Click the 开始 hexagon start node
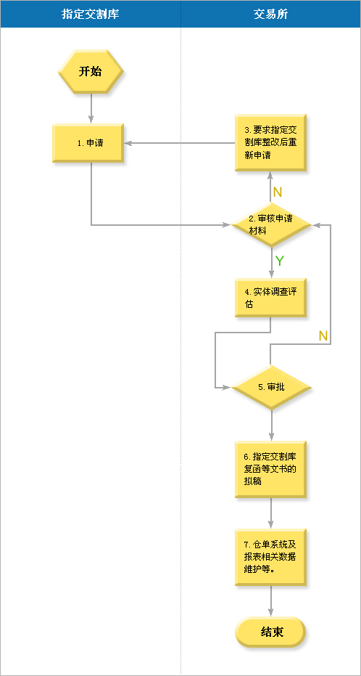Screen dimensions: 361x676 click(91, 72)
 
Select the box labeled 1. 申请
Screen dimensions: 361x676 click(88, 144)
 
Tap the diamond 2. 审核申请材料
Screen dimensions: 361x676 click(271, 224)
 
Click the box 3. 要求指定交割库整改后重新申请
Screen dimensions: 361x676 click(270, 143)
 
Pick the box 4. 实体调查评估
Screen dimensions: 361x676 click(270, 298)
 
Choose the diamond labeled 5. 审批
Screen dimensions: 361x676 click(271, 387)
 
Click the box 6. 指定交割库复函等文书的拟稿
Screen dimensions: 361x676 click(270, 470)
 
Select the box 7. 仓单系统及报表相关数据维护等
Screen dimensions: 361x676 click(270, 557)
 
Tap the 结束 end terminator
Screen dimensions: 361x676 click(270, 632)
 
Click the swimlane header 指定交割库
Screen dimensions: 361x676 click(91, 14)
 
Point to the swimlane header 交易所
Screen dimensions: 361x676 click(270, 14)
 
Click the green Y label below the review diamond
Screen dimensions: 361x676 click(280, 261)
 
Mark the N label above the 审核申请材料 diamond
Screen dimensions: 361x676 click(278, 192)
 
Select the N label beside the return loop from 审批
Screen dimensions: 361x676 click(323, 336)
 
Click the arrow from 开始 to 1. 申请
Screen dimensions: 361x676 click(91, 109)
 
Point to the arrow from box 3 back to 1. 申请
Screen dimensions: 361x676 click(180, 143)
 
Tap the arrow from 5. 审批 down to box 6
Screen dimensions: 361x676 click(272, 425)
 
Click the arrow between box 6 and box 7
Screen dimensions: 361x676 click(271, 513)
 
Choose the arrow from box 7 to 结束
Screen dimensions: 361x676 click(271, 601)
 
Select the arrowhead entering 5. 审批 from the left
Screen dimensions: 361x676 click(228, 388)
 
